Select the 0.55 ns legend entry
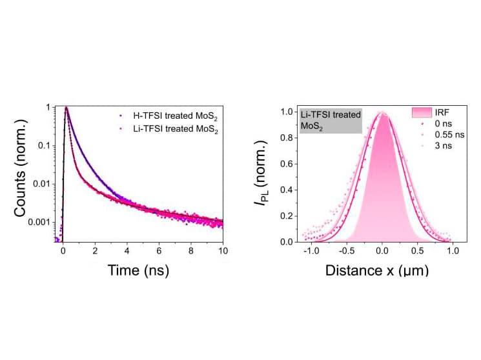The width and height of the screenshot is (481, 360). (445, 135)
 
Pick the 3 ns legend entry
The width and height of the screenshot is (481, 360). (442, 146)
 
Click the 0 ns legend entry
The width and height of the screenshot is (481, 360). (442, 123)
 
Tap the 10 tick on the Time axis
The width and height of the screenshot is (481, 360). (223, 251)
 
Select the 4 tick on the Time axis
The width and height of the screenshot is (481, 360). (127, 251)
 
